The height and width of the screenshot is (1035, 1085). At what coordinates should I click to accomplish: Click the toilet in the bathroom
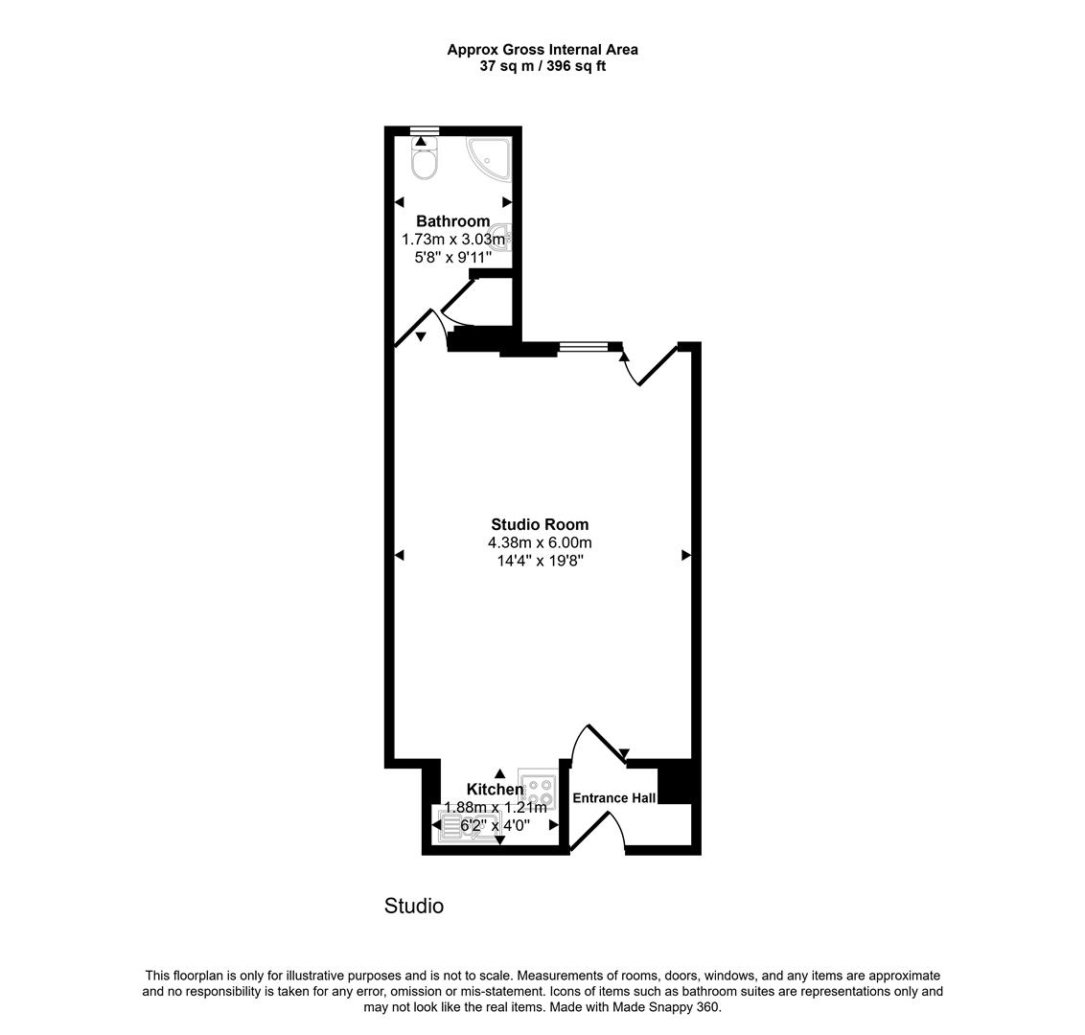(x=424, y=159)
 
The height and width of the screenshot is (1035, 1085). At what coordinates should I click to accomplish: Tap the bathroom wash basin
(x=503, y=237)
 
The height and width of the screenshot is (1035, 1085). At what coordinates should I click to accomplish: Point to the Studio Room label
(x=540, y=524)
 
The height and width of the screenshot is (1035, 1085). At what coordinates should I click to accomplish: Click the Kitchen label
(x=496, y=790)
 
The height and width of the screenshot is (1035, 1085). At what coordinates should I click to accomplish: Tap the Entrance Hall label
(x=613, y=798)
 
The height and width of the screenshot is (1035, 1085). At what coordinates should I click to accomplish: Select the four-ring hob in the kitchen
(x=536, y=787)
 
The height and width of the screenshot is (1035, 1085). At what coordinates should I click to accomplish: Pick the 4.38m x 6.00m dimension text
(x=540, y=542)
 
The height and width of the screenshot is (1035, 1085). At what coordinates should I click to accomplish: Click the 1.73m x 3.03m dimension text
(x=452, y=240)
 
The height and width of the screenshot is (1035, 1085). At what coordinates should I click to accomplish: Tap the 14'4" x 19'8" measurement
(x=540, y=561)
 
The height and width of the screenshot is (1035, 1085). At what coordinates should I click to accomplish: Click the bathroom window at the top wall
(x=424, y=130)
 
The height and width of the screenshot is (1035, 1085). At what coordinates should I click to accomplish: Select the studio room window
(x=584, y=346)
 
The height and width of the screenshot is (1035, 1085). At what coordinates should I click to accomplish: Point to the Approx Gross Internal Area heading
(x=542, y=50)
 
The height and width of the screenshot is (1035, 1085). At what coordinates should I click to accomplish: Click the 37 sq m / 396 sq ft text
(x=542, y=66)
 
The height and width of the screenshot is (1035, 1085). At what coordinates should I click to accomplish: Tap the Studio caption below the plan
(x=414, y=906)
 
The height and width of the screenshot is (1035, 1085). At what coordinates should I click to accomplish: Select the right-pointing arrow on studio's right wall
(x=686, y=555)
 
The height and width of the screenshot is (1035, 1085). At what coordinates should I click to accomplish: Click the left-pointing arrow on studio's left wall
(x=400, y=555)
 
